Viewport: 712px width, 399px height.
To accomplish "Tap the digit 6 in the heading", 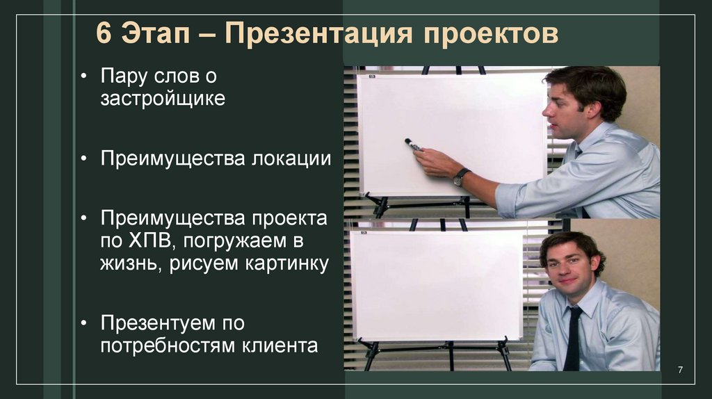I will (104, 34).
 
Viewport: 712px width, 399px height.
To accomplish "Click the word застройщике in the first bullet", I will (163, 99).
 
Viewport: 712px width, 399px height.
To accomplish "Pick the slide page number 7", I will (681, 368).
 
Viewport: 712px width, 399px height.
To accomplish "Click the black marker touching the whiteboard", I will (413, 145).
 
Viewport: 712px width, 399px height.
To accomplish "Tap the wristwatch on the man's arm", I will (461, 177).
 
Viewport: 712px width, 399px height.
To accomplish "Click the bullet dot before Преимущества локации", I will (84, 159).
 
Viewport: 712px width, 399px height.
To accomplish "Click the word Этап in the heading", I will (156, 34).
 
